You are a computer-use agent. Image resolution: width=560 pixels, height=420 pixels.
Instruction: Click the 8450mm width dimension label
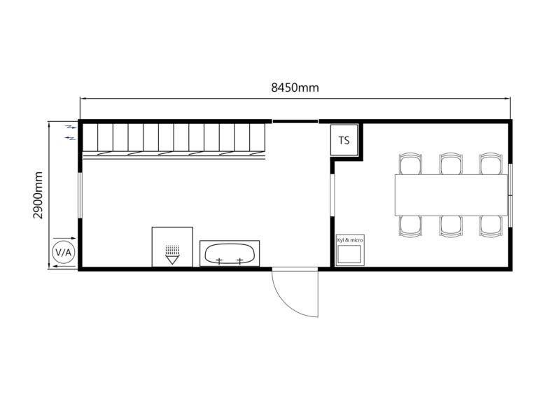[295, 87]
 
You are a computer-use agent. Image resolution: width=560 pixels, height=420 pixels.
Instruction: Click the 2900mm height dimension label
[38, 195]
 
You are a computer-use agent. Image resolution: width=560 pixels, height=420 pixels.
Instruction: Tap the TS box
[344, 140]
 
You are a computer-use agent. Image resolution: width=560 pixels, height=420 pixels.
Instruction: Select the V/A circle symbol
[64, 253]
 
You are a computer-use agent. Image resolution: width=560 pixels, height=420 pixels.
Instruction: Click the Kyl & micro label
[350, 240]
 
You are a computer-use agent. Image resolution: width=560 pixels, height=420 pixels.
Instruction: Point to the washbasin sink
[230, 253]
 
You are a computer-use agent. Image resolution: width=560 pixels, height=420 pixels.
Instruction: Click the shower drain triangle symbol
[172, 260]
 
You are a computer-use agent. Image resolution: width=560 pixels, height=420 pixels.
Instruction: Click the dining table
[451, 195]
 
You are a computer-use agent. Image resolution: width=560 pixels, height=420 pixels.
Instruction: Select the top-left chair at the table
[410, 164]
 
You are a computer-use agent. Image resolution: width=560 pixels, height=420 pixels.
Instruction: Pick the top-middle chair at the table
[451, 164]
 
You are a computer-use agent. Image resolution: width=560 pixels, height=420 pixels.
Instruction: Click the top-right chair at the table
[491, 164]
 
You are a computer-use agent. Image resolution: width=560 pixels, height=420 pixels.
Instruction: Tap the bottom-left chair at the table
[410, 226]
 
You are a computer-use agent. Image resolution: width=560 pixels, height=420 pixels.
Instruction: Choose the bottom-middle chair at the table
[451, 226]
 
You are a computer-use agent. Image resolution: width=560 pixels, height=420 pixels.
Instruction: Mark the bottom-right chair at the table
[491, 226]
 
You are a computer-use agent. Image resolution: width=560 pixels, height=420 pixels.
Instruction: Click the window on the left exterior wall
[80, 196]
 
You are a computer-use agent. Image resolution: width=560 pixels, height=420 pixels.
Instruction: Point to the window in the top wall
[295, 121]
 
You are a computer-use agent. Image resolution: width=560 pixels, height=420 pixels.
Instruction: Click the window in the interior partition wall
[332, 195]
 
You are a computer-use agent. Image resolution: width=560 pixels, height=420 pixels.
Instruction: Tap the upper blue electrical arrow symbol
[71, 127]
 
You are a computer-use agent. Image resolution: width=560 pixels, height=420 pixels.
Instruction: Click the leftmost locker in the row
[90, 137]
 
